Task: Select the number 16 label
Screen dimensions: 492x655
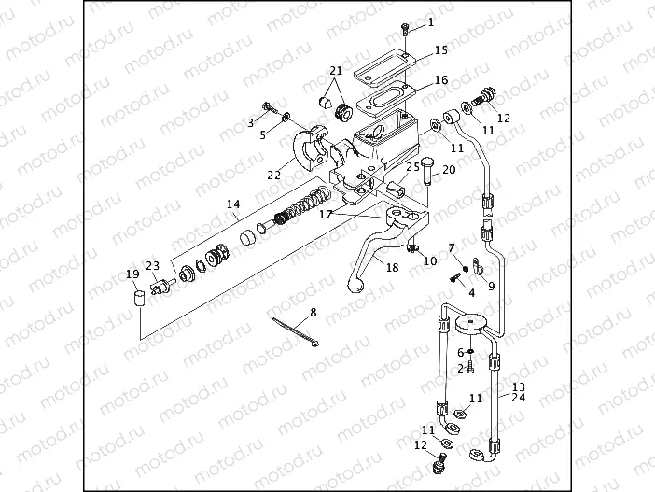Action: (x=441, y=81)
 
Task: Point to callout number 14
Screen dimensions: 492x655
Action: (x=233, y=204)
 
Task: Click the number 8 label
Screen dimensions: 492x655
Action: (x=313, y=312)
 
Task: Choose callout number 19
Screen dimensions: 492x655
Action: (x=132, y=274)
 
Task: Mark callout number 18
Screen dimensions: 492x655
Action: (x=392, y=268)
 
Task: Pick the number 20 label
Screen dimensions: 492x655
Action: (x=448, y=170)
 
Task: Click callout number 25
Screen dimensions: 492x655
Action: (x=411, y=166)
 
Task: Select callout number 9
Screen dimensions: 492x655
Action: (x=492, y=286)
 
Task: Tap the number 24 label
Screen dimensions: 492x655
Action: (x=519, y=397)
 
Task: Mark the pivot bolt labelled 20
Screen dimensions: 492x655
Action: (x=426, y=174)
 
